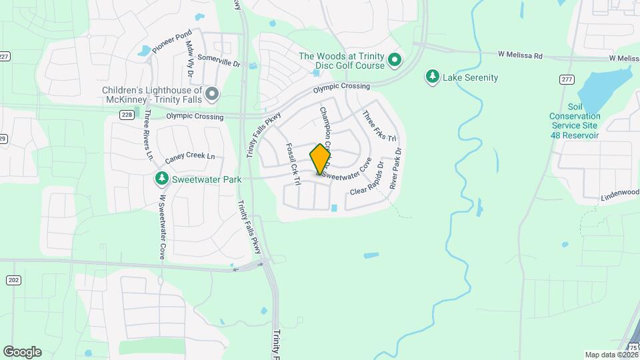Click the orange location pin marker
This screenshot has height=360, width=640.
click(x=321, y=159)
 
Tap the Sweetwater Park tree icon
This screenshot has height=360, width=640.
click(x=161, y=179)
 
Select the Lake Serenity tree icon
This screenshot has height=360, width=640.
click(x=433, y=77)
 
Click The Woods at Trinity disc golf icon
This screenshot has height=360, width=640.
click(x=394, y=61)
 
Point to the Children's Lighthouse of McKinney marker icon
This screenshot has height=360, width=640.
click(x=212, y=95)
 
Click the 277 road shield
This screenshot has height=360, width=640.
click(x=567, y=79)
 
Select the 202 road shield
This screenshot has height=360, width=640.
click(x=13, y=280)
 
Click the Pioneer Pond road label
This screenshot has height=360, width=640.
click(x=171, y=41)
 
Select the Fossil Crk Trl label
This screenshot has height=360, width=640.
click(x=291, y=160)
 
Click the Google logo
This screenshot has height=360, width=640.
click(x=22, y=351)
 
